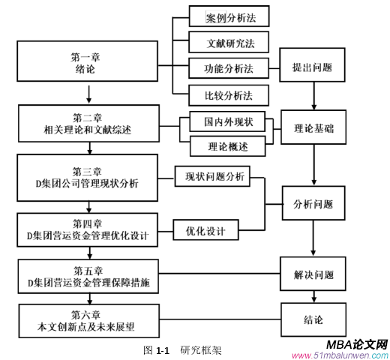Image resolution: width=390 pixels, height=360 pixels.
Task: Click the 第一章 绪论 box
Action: tap(88, 63)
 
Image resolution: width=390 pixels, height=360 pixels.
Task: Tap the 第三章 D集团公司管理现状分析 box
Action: tap(88, 177)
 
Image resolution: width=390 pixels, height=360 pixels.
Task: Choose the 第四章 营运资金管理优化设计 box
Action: tap(88, 230)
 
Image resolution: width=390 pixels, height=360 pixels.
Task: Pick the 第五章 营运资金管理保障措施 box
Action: tap(88, 276)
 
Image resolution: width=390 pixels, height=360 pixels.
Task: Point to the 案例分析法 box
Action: tap(227, 15)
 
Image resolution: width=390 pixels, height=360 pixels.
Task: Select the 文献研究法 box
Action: tap(227, 42)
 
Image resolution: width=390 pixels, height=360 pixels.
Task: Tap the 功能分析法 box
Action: tap(227, 69)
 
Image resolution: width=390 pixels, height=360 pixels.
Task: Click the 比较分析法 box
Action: tap(227, 95)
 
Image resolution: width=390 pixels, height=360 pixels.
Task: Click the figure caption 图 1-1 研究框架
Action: tap(181, 349)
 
